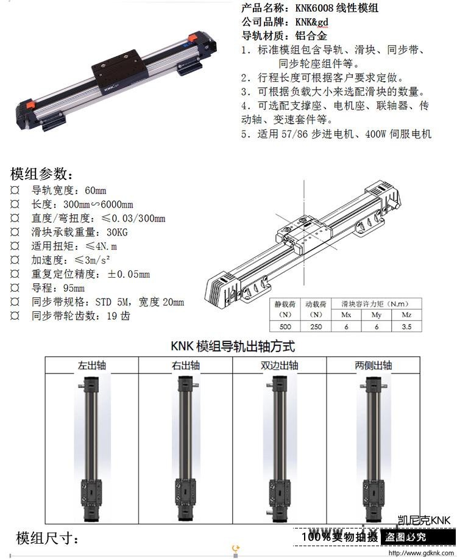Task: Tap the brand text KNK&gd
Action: tap(311, 22)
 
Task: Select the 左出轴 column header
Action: tap(92, 366)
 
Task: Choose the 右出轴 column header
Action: tap(185, 366)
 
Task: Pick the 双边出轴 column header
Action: tap(280, 366)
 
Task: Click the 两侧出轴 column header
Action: tap(374, 366)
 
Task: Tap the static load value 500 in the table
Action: tap(285, 326)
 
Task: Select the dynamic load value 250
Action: tap(316, 326)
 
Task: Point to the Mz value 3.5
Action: tap(406, 326)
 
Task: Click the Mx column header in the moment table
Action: tap(346, 315)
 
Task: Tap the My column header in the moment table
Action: tap(376, 315)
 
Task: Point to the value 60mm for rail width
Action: tap(96, 190)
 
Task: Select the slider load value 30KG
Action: tap(117, 233)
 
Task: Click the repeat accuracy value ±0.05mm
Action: tap(129, 274)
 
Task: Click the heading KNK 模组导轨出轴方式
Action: tap(233, 346)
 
